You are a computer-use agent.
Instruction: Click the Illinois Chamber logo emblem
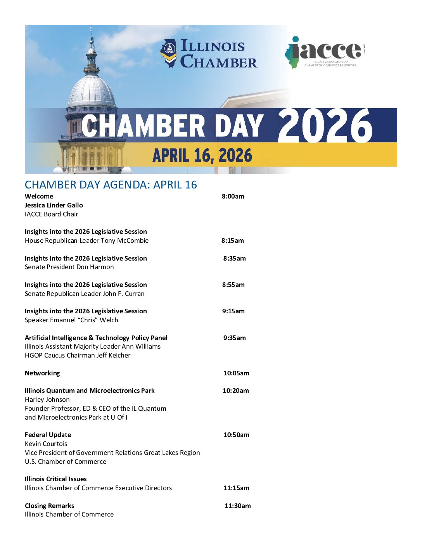169,53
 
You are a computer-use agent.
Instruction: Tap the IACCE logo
325,52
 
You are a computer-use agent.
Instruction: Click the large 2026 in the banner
325,126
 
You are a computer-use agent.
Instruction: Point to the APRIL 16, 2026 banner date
202,156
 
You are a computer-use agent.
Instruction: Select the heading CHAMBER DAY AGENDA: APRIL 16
111,185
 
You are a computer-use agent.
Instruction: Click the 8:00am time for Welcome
233,196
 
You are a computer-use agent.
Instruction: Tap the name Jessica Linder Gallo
54,205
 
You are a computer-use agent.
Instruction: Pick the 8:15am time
233,240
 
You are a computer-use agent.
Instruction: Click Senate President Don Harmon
69,267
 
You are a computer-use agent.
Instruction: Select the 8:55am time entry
233,285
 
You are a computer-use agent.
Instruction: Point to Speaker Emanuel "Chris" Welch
71,320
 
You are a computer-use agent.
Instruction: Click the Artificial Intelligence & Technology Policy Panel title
96,338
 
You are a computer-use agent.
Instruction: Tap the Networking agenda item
42,373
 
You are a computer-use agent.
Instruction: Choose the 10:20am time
236,390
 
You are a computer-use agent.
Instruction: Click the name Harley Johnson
47,399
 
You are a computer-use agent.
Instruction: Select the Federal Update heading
48,435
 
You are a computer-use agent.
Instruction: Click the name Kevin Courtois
46,444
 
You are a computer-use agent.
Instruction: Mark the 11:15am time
236,488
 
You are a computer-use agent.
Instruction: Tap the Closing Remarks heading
50,506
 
